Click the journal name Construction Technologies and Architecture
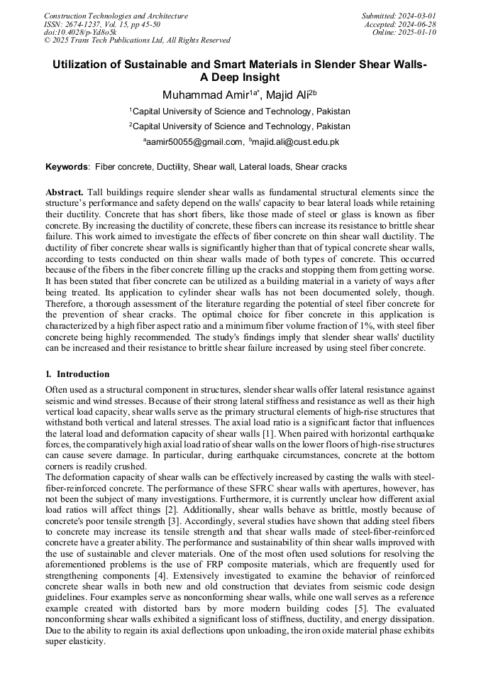116,16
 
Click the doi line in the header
80,33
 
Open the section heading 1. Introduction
77,374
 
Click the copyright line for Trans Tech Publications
137,41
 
